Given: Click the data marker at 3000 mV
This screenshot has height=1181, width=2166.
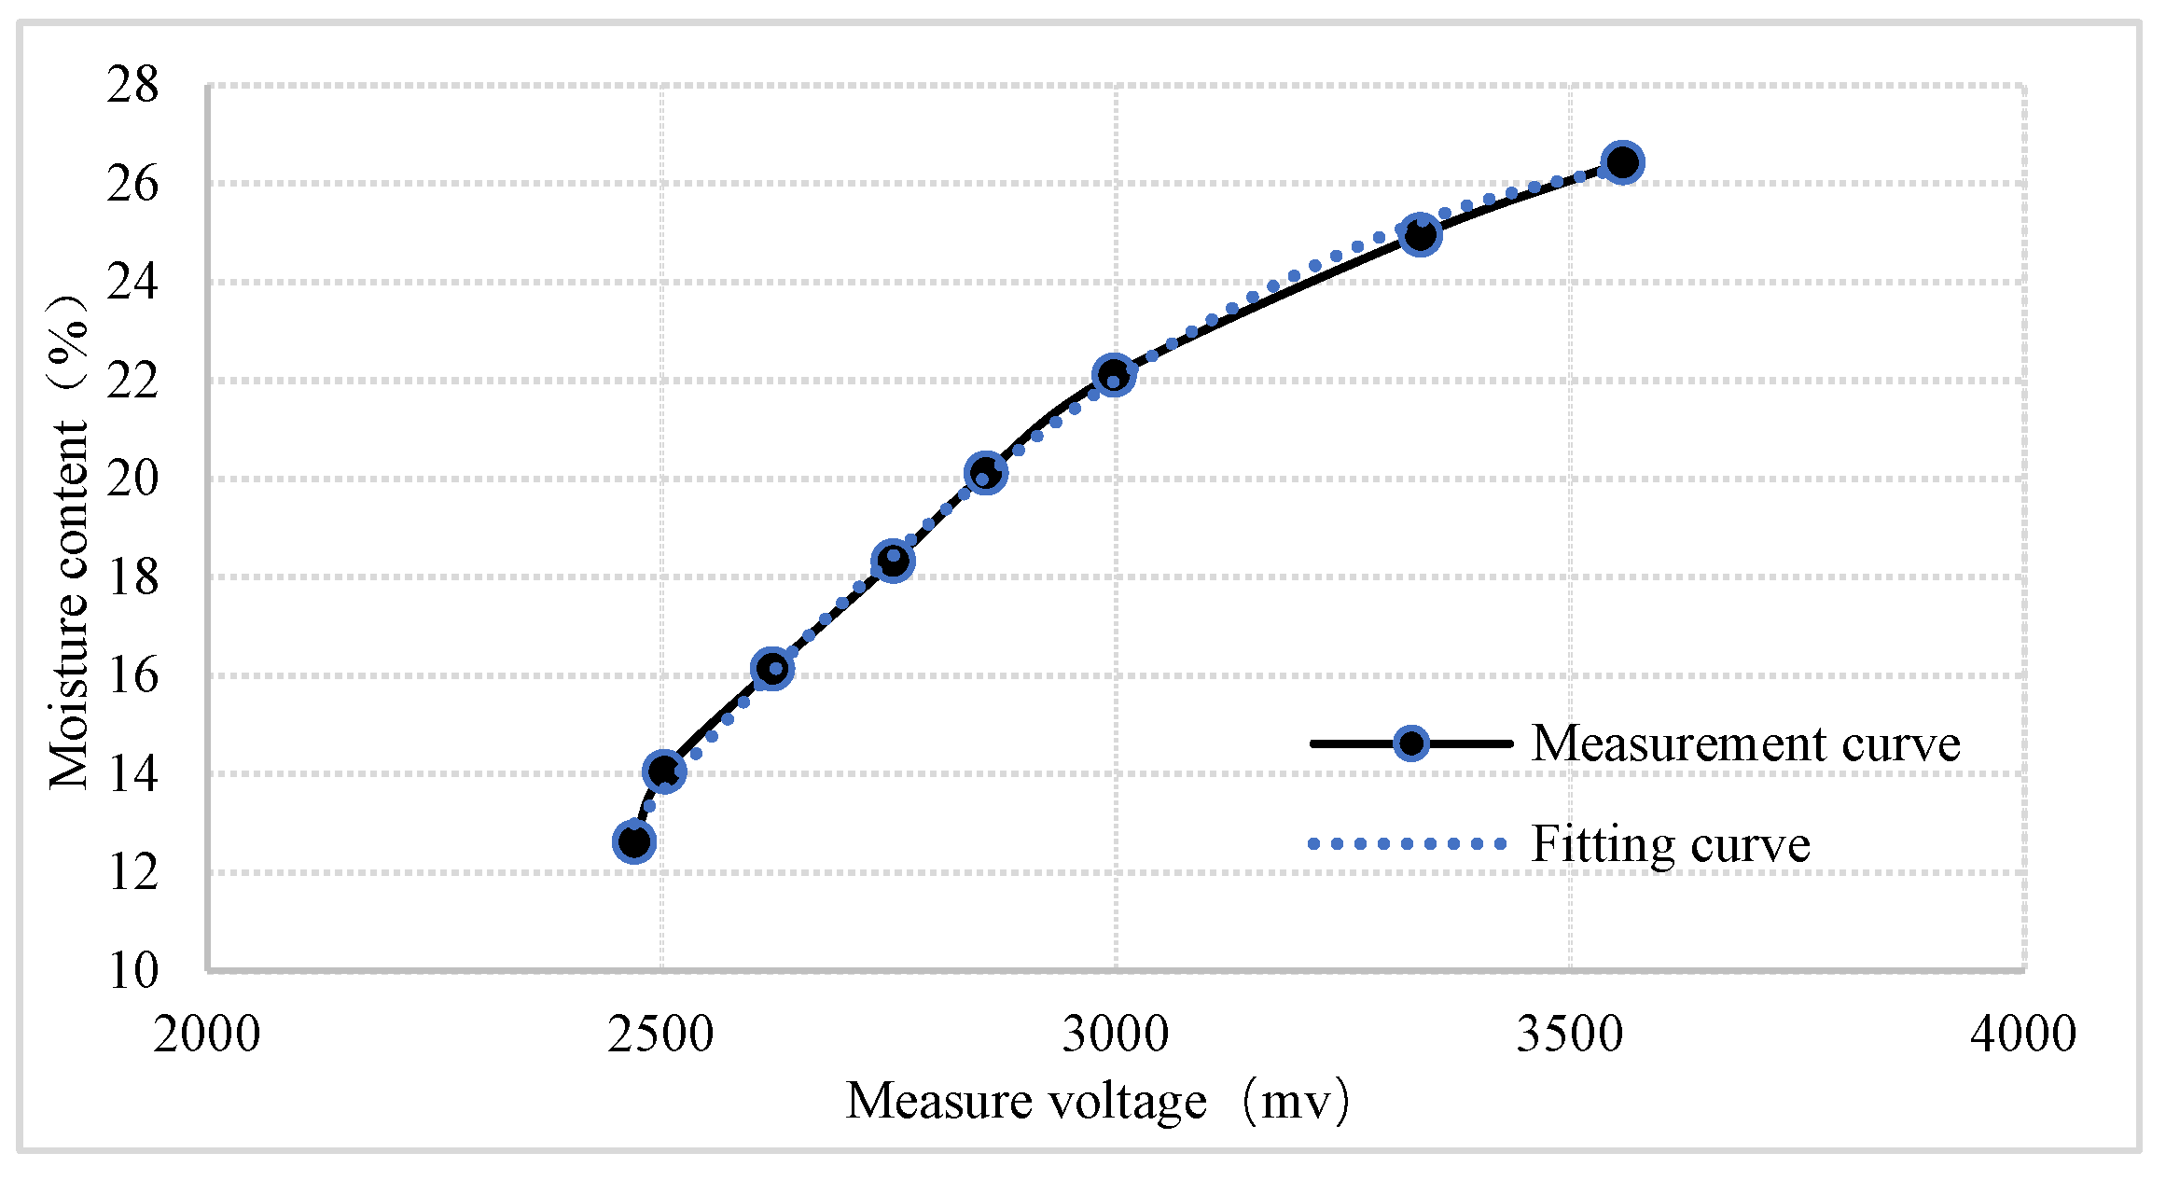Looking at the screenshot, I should point(1114,375).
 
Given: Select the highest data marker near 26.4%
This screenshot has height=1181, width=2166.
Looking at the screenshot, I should point(1622,162).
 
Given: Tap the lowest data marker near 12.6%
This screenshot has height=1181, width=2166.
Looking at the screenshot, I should point(634,841).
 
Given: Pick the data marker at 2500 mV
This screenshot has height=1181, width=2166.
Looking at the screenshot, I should point(664,771).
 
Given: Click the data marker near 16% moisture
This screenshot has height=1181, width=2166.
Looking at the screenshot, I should point(771,668).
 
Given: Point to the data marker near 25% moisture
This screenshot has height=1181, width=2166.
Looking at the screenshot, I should point(1420,235).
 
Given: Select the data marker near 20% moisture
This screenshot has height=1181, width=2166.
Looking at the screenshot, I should point(986,473).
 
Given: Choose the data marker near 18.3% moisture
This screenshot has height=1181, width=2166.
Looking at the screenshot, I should point(893,561).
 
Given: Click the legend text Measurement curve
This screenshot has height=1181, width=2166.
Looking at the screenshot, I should point(1745,744).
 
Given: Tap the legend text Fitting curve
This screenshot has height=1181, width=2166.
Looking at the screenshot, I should point(1670,844).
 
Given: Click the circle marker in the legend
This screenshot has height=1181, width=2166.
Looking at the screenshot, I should point(1411,743).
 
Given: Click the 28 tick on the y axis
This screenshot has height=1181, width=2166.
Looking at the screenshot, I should point(133,86).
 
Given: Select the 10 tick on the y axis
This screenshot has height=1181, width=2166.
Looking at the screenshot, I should point(133,971).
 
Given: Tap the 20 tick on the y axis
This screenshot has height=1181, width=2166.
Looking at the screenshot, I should point(133,479).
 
